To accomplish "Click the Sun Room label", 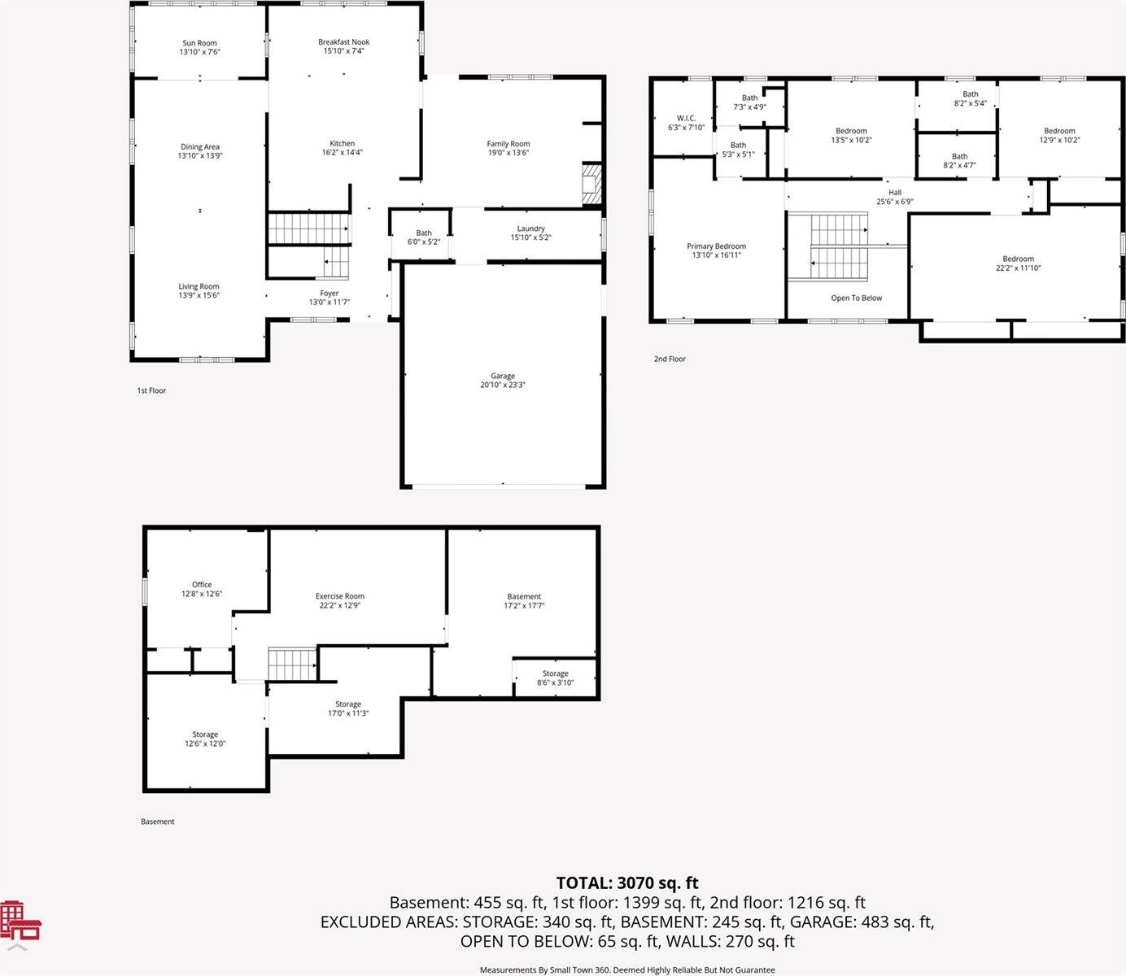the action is click(x=199, y=43).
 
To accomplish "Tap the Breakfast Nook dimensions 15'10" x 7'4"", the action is click(x=343, y=51).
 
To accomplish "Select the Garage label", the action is click(x=502, y=376).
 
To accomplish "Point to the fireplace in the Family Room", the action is click(x=591, y=184).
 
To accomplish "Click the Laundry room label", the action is click(x=530, y=229).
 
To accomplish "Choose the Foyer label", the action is click(x=329, y=293).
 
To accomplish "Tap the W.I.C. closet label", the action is click(x=686, y=118).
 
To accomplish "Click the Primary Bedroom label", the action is click(x=716, y=246).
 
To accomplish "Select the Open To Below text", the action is click(x=857, y=298).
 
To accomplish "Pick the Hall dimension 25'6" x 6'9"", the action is click(x=894, y=202).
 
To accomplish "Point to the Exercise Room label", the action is click(x=340, y=596).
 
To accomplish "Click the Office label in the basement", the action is click(x=202, y=585).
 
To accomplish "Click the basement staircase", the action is click(x=293, y=664).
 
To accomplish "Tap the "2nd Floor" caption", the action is click(x=670, y=359).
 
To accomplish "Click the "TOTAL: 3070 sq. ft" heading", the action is click(x=627, y=882).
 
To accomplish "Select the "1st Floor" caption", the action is click(x=151, y=390).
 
